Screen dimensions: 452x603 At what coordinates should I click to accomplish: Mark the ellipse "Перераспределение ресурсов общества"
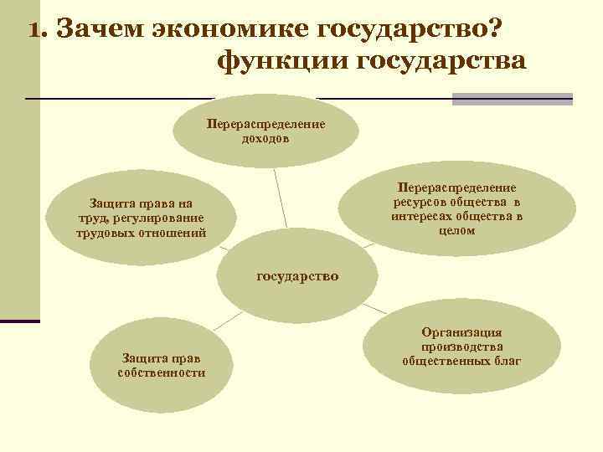click(x=456, y=208)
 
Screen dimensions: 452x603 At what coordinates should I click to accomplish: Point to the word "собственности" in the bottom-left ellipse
click(x=162, y=372)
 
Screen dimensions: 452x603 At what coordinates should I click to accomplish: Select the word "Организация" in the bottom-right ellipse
click(x=462, y=332)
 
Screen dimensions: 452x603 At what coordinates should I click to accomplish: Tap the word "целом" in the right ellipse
click(x=456, y=231)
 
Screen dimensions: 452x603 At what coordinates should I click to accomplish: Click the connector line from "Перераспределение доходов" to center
click(x=281, y=197)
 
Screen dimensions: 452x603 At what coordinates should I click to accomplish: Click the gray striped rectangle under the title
click(x=512, y=99)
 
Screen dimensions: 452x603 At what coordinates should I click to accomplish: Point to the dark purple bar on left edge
click(x=20, y=321)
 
